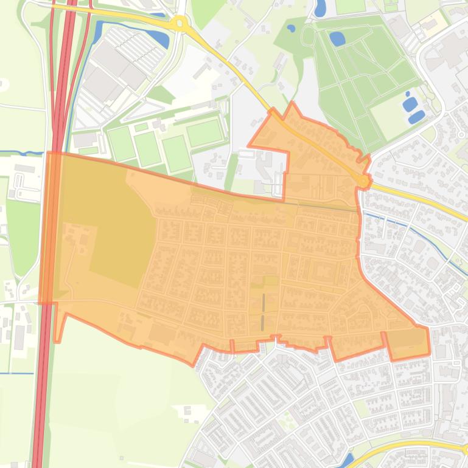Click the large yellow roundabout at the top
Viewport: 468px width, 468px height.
179,24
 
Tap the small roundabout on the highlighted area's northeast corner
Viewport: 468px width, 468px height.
364,181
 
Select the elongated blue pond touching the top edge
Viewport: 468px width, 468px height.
320,8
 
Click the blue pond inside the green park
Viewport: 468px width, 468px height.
337,39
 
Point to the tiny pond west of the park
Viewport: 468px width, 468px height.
291,28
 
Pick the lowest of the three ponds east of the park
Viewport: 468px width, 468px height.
417,116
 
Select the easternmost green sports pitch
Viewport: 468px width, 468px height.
204,132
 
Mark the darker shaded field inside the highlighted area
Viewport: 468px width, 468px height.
122,237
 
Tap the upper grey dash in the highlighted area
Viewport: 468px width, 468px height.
264,301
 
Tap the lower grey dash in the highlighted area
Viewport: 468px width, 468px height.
262,322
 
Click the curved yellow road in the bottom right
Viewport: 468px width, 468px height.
396,448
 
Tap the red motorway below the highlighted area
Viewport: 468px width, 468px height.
41,395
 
